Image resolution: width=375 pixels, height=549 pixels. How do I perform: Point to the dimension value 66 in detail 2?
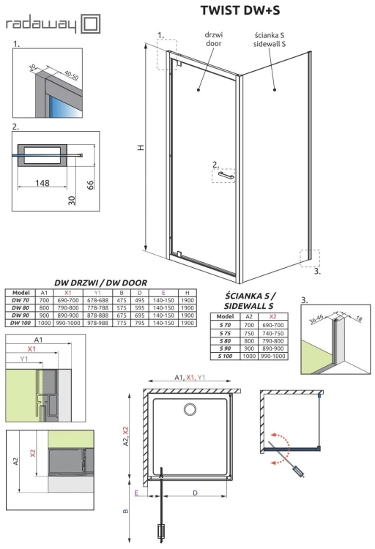tap(90, 184)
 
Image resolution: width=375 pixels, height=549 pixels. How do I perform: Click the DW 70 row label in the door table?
tap(20, 301)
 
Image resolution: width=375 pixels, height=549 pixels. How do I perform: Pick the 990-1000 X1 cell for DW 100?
tap(64, 323)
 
